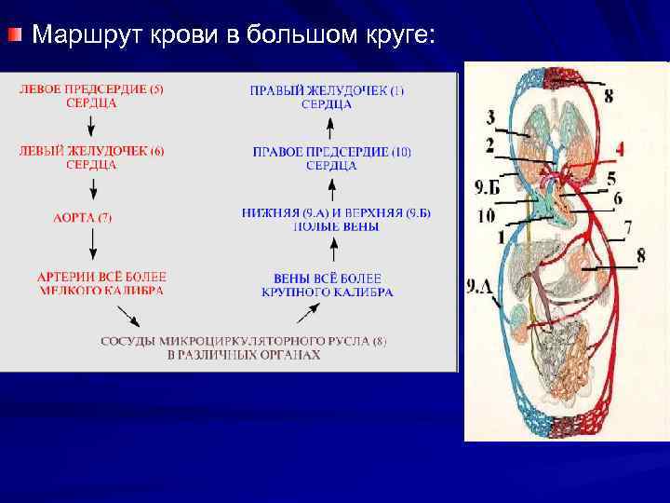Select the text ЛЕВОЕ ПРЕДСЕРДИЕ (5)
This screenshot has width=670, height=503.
coord(91,89)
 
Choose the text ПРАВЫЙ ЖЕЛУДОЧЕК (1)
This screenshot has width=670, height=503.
coord(327,90)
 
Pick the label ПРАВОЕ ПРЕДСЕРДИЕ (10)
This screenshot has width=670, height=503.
coord(331,152)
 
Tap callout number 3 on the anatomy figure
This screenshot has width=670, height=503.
coord(489,117)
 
